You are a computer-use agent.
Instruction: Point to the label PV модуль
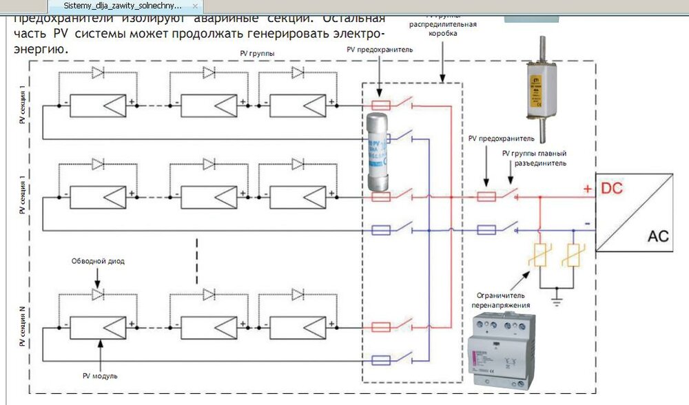pyautogui.click(x=101, y=376)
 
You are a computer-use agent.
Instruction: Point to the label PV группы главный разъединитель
pyautogui.click(x=534, y=158)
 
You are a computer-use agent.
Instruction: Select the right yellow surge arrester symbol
pyautogui.click(x=571, y=258)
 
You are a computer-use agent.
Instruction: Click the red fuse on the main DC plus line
pyautogui.click(x=487, y=196)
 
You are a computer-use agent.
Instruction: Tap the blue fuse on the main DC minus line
pyautogui.click(x=487, y=229)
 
